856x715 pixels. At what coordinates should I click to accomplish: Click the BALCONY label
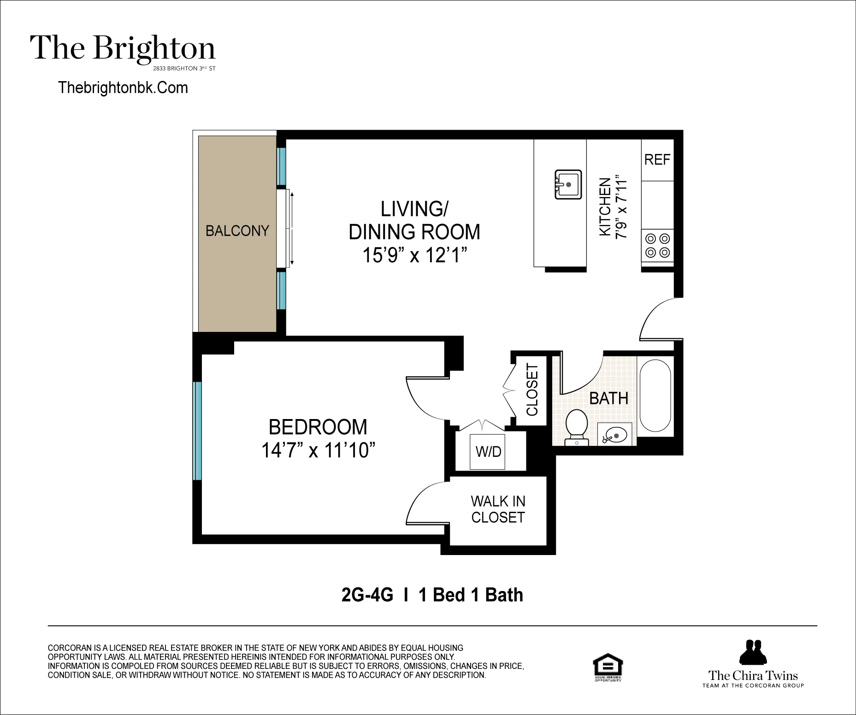tap(237, 230)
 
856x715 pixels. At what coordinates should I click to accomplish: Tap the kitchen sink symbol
tap(568, 184)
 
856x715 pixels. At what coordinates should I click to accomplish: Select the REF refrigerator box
tap(657, 160)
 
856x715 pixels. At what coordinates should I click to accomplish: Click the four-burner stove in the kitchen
tap(657, 246)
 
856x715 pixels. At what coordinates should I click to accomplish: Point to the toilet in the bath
tap(576, 426)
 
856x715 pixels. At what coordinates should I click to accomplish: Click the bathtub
tap(655, 396)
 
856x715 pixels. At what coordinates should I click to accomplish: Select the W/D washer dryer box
tap(488, 451)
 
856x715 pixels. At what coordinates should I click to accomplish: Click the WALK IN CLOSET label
tap(498, 509)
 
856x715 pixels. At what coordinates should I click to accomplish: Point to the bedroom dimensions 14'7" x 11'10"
tap(318, 450)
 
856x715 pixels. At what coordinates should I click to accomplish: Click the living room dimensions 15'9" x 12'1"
tap(414, 255)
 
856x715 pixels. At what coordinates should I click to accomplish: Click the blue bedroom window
tap(197, 431)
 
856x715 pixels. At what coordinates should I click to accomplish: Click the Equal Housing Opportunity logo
tap(607, 667)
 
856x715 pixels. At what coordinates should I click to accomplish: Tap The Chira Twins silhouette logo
tap(753, 652)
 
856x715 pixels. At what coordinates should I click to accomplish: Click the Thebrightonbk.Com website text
tap(123, 88)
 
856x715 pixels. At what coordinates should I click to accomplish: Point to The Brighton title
tap(123, 49)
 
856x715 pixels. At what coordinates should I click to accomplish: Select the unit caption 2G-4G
tap(367, 595)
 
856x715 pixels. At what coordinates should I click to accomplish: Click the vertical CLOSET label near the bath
tap(532, 390)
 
